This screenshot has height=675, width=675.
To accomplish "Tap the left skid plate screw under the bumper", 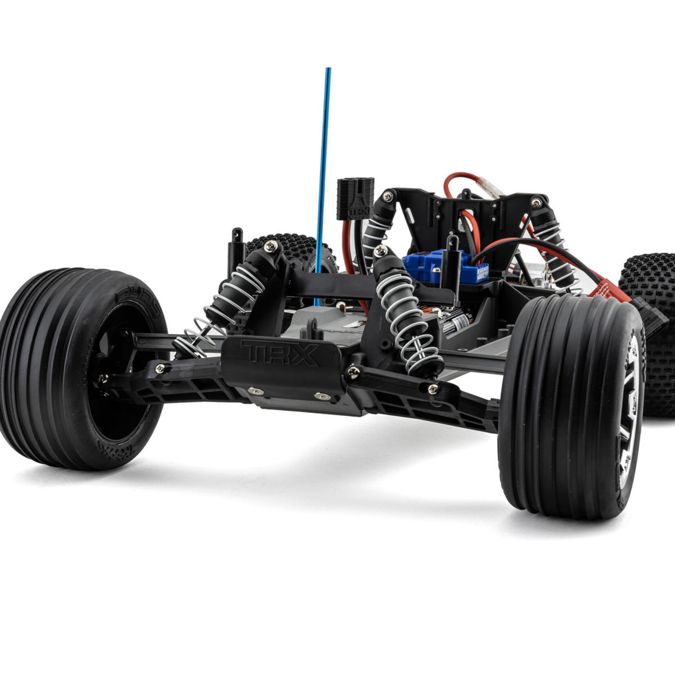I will pyautogui.click(x=256, y=391).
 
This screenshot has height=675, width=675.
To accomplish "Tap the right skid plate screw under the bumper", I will pyautogui.click(x=322, y=396).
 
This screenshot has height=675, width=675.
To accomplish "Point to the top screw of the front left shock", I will pyautogui.click(x=271, y=246).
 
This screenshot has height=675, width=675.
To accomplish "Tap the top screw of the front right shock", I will pyautogui.click(x=380, y=251).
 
